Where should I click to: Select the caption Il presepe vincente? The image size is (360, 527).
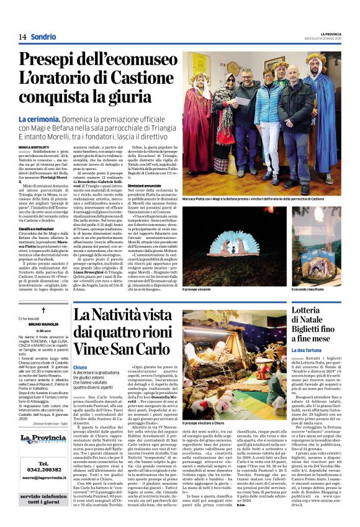click(x=197, y=289)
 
